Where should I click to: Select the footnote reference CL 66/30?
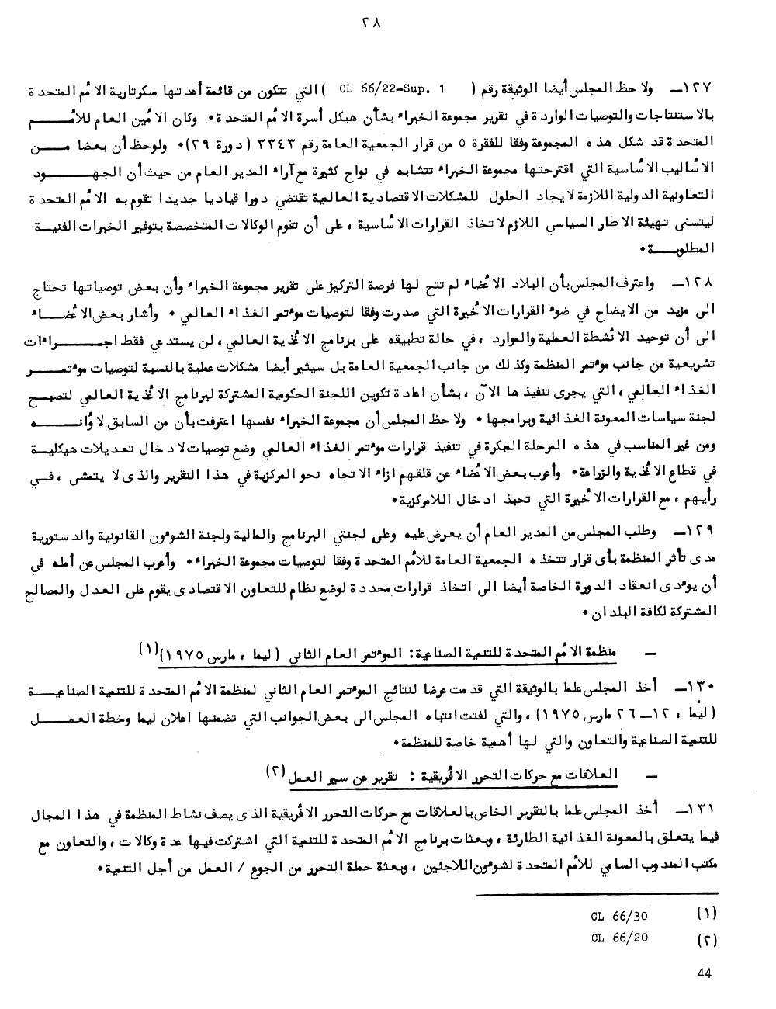pyautogui.click(x=619, y=915)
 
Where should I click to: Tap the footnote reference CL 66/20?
pyautogui.click(x=619, y=938)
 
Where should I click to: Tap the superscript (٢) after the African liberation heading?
pyautogui.click(x=276, y=770)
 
